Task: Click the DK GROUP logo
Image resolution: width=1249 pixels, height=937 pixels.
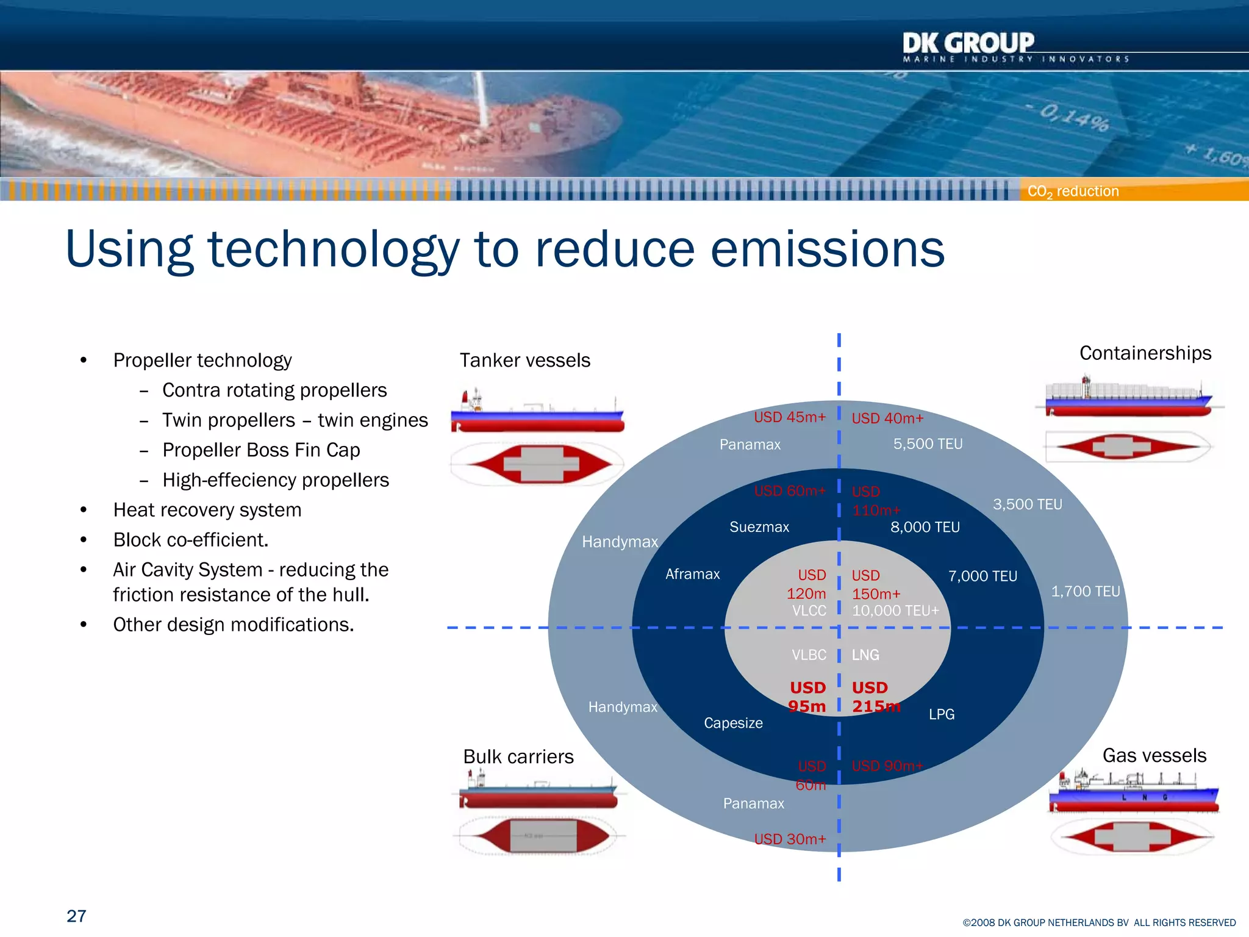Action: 968,45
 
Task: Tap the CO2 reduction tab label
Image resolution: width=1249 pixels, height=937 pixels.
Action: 1073,191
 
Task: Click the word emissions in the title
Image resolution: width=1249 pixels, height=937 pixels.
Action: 828,250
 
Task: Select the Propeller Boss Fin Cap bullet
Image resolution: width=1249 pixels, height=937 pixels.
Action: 261,450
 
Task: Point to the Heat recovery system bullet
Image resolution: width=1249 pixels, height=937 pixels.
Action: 207,510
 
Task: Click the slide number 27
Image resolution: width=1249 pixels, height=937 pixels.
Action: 76,916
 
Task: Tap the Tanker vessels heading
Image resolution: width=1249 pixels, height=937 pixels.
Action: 524,361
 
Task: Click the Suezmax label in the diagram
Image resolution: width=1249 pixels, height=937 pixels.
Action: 759,527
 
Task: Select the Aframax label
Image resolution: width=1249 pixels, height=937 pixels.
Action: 692,574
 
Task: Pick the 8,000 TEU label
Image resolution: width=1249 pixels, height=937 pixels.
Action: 925,527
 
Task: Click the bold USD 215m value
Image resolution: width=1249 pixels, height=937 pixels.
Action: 875,697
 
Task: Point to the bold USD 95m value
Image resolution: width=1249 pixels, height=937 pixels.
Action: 807,697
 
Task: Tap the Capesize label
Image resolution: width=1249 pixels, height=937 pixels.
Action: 733,723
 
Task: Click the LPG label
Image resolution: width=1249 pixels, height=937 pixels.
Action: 942,714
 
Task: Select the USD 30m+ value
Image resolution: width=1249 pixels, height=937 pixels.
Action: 790,839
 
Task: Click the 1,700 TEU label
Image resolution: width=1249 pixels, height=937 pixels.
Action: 1086,591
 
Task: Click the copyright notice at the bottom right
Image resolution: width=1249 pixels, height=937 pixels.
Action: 1099,922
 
